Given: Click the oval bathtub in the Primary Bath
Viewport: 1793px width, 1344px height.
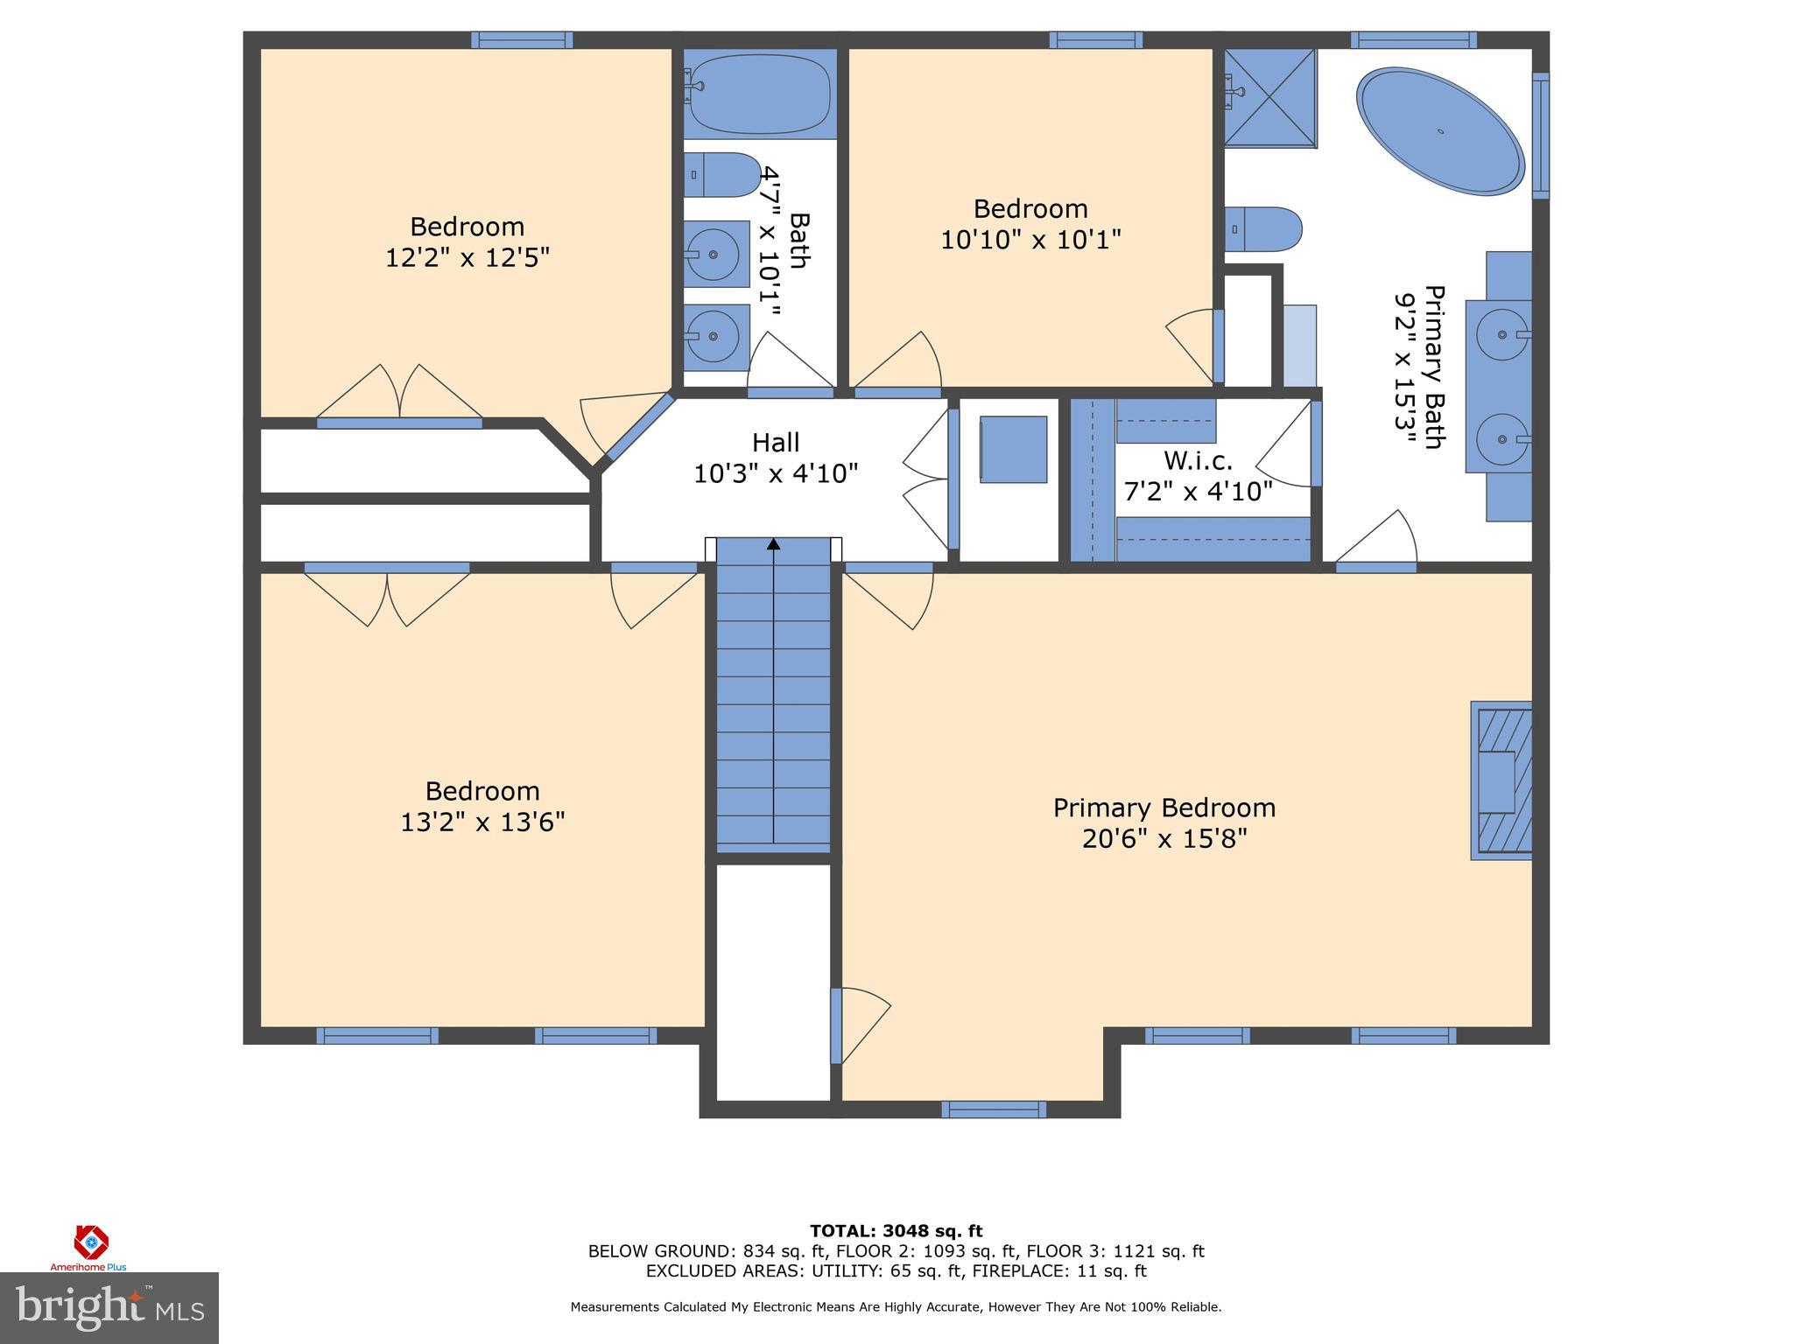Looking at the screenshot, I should coord(1440,132).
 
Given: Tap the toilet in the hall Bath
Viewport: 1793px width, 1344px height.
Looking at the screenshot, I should coord(721,175).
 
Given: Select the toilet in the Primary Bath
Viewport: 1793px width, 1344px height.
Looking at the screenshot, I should coord(1262,229).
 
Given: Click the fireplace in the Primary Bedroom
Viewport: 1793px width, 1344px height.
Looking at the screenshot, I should coord(1501,780).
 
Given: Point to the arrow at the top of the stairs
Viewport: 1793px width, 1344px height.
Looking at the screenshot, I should coord(773,544).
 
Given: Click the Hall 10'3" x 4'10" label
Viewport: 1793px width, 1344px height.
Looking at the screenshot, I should coord(776,458).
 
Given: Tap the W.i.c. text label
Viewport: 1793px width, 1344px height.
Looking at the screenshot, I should coord(1198,460).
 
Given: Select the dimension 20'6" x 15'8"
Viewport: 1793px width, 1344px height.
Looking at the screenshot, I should coord(1164,839).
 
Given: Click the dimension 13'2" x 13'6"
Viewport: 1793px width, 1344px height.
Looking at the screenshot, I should coord(482,822).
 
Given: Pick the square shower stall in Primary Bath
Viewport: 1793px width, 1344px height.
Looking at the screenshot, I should coord(1269,97).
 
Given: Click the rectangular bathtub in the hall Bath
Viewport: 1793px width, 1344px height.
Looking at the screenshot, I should coord(759,93).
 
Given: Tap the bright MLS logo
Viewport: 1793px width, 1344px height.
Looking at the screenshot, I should coord(109,1307).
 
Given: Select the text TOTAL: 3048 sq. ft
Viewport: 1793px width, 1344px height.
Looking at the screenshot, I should coord(896,1231).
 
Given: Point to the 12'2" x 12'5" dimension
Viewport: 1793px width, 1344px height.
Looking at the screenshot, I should coord(468,258).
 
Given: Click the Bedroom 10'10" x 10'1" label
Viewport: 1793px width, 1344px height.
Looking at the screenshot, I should coord(1030,224).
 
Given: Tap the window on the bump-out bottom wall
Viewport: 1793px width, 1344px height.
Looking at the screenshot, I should coord(994,1109).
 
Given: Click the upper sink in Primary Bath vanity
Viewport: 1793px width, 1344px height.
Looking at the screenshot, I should coord(1502,334).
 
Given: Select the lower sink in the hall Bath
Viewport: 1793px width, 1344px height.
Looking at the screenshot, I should coord(713,336).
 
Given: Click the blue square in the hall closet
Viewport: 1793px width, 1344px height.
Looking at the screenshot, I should coord(1013,450).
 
